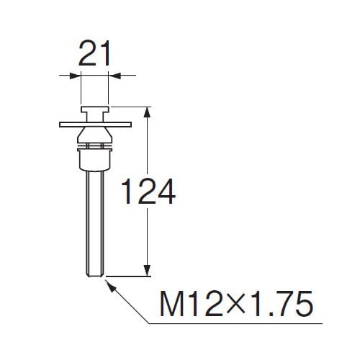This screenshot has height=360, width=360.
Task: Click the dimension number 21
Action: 94,53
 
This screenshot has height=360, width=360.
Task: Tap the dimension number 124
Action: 148,192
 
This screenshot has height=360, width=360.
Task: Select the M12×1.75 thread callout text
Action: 236,304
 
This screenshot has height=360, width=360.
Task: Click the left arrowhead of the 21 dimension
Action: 74,76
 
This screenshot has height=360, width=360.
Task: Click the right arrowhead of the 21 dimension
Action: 115,76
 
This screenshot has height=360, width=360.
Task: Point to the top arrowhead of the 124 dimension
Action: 147,112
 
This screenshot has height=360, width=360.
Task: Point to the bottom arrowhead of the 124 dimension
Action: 147,271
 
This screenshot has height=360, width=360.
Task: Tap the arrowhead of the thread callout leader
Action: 110,285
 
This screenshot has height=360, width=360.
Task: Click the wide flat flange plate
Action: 95,125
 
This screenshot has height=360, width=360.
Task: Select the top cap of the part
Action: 95,109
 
